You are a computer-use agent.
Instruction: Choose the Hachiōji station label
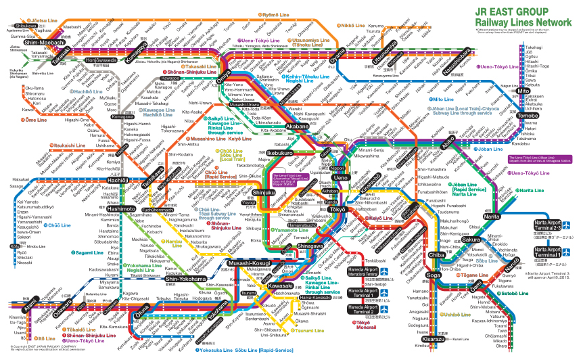117,180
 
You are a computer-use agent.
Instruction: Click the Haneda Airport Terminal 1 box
364,296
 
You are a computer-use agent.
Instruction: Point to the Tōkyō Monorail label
363,325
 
